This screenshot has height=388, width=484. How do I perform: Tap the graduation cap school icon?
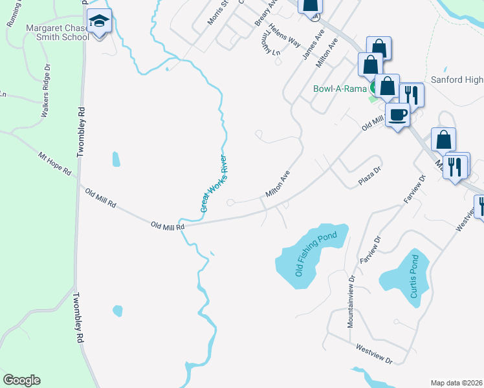pos(98,22)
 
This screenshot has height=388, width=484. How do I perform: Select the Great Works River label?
pos(215,183)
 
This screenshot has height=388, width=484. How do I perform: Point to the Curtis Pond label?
pos(414,277)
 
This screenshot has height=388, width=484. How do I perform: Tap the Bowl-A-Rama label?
pos(340,89)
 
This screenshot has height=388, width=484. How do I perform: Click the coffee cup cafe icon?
pos(397,114)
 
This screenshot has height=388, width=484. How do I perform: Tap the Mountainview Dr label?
pos(351,301)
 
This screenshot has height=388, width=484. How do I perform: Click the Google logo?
pos(21,380)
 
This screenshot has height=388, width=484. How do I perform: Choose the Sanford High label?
pos(457,80)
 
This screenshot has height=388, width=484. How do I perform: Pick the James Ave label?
pos(313,43)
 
